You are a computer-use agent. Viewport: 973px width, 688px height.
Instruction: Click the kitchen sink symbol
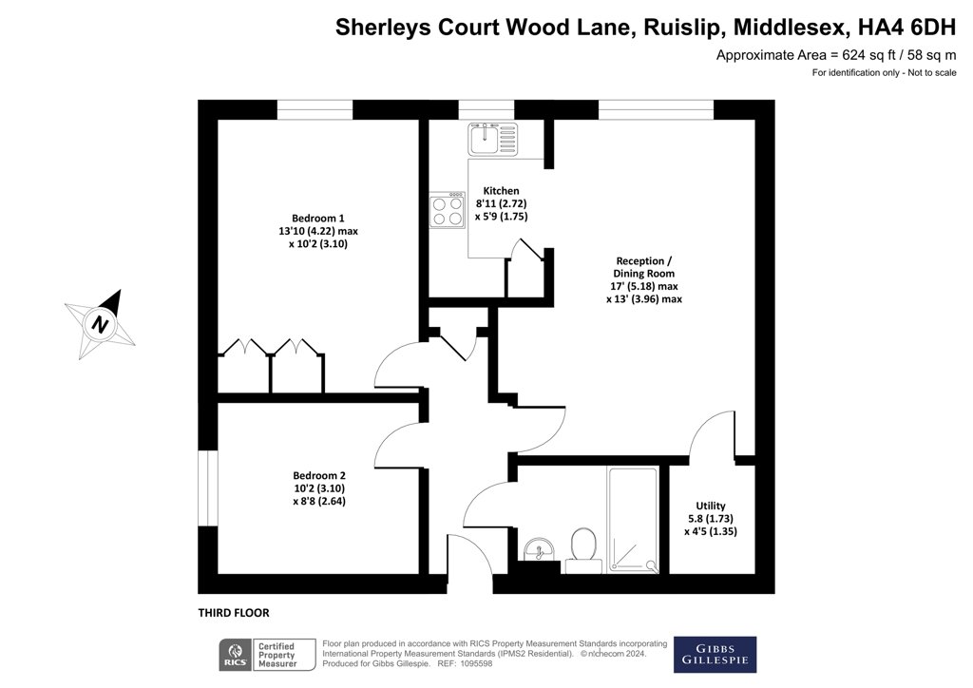coord(493,139)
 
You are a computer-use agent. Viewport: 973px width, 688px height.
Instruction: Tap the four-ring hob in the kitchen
coord(448,211)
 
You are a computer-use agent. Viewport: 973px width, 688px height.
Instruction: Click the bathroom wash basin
coord(540,549)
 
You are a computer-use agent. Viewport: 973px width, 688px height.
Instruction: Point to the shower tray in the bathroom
coord(632,520)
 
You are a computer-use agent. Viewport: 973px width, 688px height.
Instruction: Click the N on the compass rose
coord(100,324)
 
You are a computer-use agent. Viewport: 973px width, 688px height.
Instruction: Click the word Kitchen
coord(502,191)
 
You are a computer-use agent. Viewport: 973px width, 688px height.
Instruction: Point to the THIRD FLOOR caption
coord(234,613)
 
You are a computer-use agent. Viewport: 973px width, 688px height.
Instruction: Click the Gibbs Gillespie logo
coord(715,655)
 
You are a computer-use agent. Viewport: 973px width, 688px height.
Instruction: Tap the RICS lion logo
coord(236,655)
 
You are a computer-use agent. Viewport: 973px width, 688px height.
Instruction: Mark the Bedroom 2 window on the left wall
coord(208,488)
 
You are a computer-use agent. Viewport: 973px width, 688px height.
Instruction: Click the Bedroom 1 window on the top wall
coord(315,110)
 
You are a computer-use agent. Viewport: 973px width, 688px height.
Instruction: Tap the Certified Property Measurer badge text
coord(277,655)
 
